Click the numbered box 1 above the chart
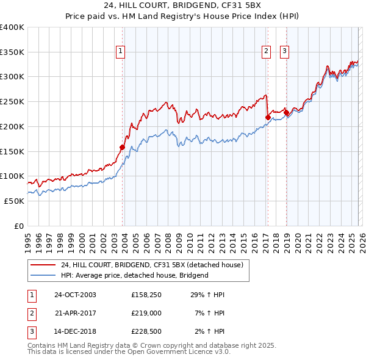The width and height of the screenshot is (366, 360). point(121,52)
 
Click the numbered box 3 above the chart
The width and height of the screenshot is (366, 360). point(285,52)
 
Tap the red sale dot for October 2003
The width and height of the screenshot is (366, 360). point(123,147)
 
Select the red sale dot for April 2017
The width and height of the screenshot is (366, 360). point(268,117)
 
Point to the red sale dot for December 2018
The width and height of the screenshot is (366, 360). point(286,112)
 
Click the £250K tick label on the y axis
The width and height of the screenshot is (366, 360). point(12,102)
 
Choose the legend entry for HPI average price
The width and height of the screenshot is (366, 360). point(134,275)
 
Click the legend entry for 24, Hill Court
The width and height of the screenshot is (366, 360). point(152,265)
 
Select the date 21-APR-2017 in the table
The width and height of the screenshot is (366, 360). point(75,312)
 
